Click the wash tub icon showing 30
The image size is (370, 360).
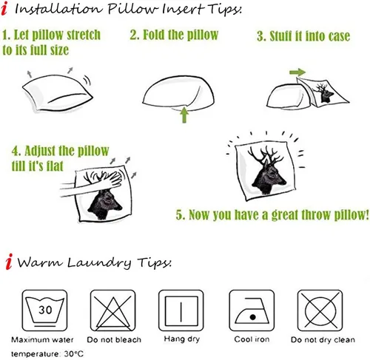pyautogui.click(x=44, y=310)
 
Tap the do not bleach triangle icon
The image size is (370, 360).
pyautogui.click(x=113, y=310)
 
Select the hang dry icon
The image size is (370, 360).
pyautogui.click(x=181, y=310)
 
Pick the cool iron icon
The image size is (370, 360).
pyautogui.click(x=252, y=310)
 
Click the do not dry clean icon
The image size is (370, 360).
pyautogui.click(x=320, y=310)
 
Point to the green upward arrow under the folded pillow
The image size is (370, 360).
pyautogui.click(x=184, y=115)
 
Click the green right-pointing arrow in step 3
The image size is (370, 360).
pyautogui.click(x=297, y=72)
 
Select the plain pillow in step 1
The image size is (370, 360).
pyautogui.click(x=58, y=92)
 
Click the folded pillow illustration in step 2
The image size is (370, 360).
pyautogui.click(x=178, y=92)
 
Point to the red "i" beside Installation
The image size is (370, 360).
pyautogui.click(x=4, y=8)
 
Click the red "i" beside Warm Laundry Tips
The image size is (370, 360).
pyautogui.click(x=9, y=261)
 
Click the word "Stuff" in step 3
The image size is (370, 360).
pyautogui.click(x=280, y=36)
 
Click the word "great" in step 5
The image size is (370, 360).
pyautogui.click(x=285, y=215)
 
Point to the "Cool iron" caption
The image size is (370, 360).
pyautogui.click(x=252, y=339)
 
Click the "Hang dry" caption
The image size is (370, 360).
pyautogui.click(x=182, y=339)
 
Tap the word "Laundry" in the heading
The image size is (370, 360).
pyautogui.click(x=99, y=262)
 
